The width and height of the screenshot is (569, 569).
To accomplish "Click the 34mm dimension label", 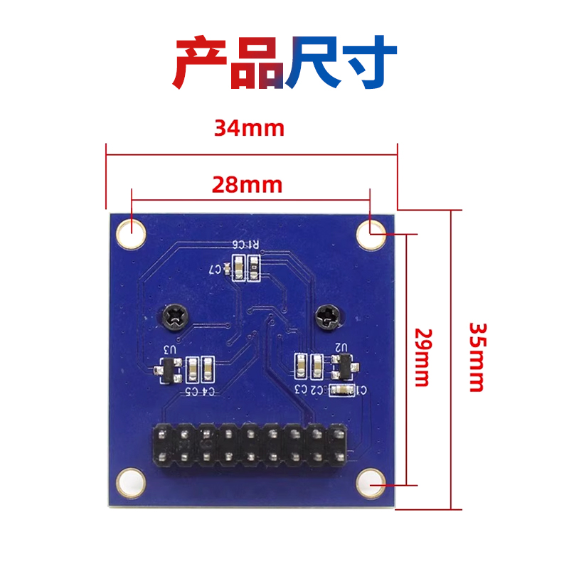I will click(x=249, y=128).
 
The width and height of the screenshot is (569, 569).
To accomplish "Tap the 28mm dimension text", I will click(x=247, y=185).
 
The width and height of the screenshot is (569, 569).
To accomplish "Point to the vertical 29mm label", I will click(x=422, y=357).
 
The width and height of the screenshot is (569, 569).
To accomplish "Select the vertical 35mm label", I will click(x=477, y=357).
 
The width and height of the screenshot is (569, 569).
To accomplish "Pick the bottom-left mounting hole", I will click(x=131, y=482).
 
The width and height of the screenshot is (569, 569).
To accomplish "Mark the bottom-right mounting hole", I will click(x=371, y=483).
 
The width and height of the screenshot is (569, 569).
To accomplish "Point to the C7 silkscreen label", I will click(x=216, y=270).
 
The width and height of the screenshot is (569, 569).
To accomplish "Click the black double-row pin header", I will click(x=249, y=445).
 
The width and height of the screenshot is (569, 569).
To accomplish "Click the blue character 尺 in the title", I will click(x=313, y=63).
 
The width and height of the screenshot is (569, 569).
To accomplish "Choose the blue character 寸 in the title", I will click(x=368, y=63).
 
